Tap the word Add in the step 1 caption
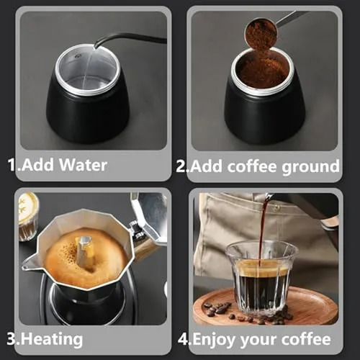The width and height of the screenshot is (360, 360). [37, 165]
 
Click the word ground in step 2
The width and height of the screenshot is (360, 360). [313, 166]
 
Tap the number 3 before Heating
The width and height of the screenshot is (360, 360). [10, 338]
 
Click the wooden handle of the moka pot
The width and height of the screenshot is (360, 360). [145, 246]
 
